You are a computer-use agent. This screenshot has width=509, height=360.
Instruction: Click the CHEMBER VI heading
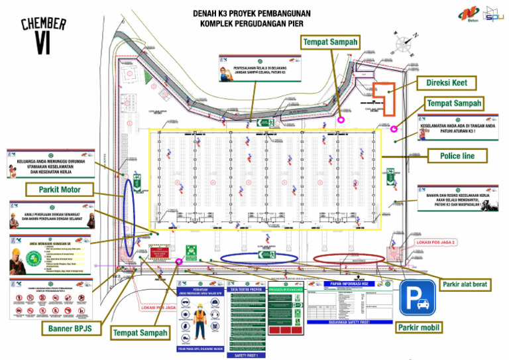(43, 35)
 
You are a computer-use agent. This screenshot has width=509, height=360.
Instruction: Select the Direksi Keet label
(446, 83)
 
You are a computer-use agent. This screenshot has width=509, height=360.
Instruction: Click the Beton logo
(468, 13)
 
